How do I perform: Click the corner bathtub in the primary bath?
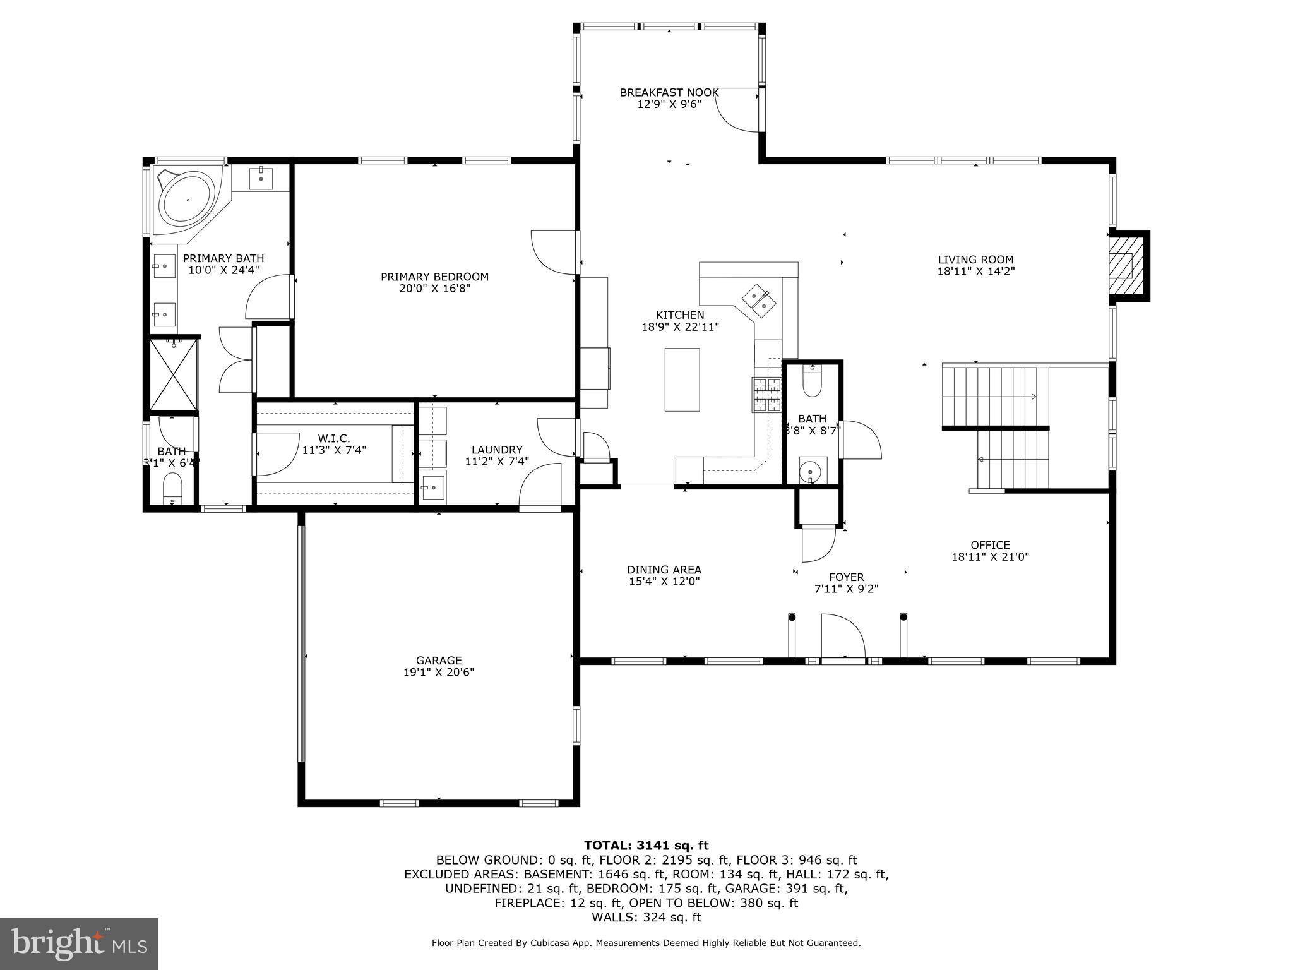[188, 201]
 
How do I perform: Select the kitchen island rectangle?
[682, 380]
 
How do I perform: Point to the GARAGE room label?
[439, 661]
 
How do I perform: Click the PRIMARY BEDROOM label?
[434, 277]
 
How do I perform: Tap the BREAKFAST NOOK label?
[669, 92]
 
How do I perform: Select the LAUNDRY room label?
[497, 450]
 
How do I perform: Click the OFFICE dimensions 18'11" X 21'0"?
[990, 557]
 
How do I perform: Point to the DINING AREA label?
[664, 570]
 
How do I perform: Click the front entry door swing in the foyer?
[843, 637]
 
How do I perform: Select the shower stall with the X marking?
[174, 375]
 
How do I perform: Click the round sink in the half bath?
[811, 470]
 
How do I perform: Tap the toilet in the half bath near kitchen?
[811, 382]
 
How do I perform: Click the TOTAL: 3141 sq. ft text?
[646, 846]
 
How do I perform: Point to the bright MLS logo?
[79, 944]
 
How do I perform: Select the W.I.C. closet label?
[334, 438]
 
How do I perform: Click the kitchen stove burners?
[766, 395]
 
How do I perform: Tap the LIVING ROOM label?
[975, 260]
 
